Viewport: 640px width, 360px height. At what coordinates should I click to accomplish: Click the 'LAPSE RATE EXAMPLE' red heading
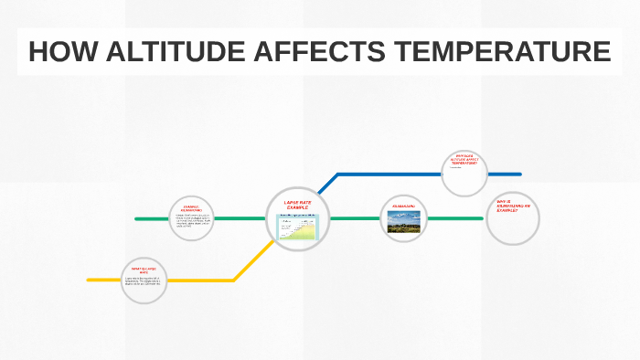pyautogui.click(x=298, y=205)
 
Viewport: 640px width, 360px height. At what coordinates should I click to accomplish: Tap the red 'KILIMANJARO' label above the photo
pyautogui.click(x=404, y=207)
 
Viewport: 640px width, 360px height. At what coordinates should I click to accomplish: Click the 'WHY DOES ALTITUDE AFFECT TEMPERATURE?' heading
pyautogui.click(x=464, y=159)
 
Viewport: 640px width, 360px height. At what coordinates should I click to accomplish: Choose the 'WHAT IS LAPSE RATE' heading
pyautogui.click(x=144, y=270)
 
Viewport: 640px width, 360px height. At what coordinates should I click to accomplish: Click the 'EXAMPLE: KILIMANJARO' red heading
pyautogui.click(x=191, y=209)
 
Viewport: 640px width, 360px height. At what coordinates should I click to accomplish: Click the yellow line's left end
pyautogui.click(x=90, y=280)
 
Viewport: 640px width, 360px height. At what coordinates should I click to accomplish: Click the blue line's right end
pyautogui.click(x=518, y=174)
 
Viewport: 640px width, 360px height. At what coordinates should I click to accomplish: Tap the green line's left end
pyautogui.click(x=137, y=219)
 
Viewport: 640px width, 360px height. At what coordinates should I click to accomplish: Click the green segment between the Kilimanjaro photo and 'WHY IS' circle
pyautogui.click(x=457, y=218)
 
